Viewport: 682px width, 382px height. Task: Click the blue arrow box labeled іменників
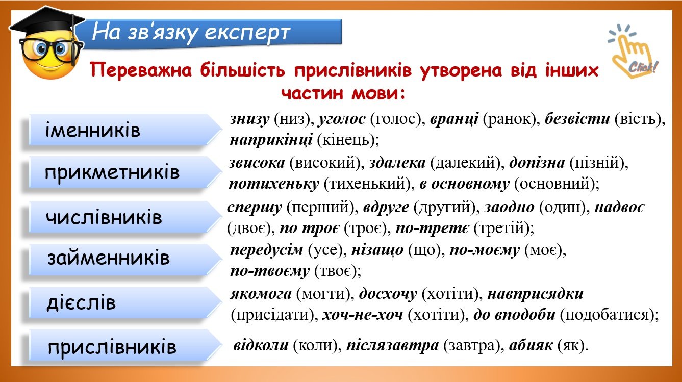[125, 130]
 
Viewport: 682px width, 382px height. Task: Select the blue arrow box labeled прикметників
[125, 172]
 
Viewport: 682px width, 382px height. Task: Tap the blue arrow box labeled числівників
[125, 217]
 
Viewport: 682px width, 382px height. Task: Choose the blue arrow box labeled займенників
[125, 259]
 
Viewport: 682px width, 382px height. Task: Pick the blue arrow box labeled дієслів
[125, 302]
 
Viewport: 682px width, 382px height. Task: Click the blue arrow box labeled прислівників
[125, 346]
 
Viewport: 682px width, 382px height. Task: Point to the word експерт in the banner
[247, 33]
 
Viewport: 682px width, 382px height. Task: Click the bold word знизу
[249, 119]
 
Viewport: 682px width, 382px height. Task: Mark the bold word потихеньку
[274, 184]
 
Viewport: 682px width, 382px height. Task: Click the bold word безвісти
[577, 118]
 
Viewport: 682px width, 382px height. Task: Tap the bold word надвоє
[620, 207]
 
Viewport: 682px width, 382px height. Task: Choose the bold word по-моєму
[485, 250]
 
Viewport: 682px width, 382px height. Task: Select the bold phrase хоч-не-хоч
[363, 315]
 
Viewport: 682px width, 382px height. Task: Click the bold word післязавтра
[393, 345]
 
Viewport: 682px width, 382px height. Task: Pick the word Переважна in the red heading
[141, 70]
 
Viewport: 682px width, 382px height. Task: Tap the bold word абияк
[531, 345]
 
